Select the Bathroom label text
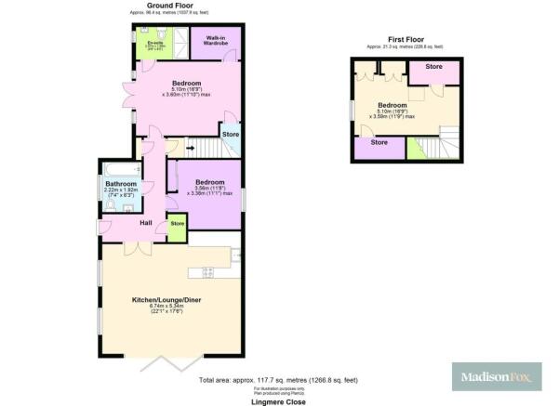click(120, 184)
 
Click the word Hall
click(146, 223)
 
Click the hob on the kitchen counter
click(206, 271)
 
